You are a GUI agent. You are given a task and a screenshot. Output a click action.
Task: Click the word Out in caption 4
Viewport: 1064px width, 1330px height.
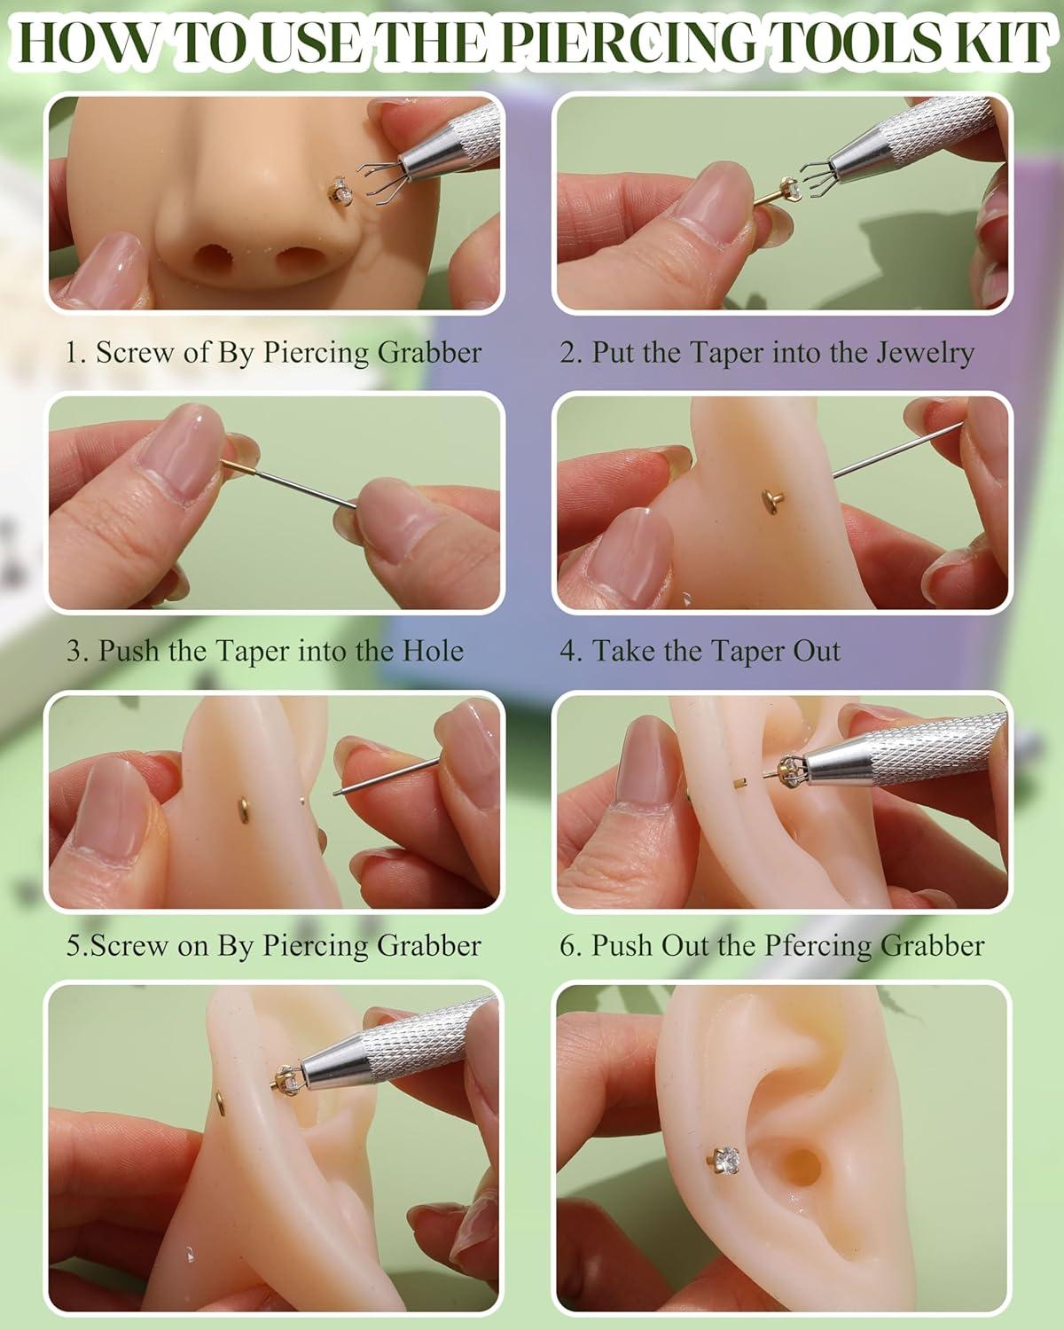coord(816,651)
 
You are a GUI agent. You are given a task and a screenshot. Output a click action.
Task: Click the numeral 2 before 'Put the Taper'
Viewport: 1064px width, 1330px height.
coord(568,353)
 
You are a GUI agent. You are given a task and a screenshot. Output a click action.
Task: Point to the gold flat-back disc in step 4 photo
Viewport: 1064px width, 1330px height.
coord(769,497)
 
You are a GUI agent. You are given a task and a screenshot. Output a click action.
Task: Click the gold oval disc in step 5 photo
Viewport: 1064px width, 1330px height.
coord(244,810)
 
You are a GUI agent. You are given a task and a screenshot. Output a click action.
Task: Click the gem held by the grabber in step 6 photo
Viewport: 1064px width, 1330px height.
coord(789,769)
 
